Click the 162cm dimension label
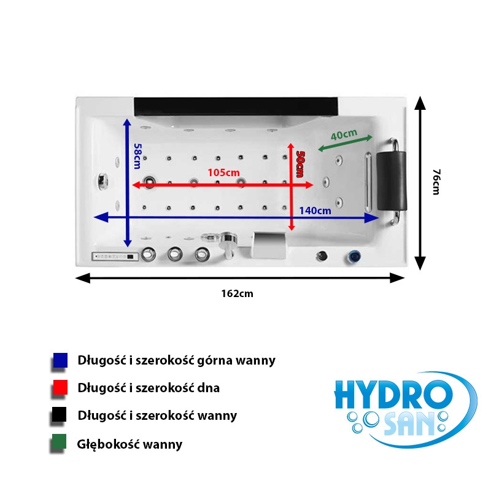click(237, 293)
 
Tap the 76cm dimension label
click(436, 182)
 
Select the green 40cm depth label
click(344, 134)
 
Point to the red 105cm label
click(223, 172)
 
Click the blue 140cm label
click(315, 211)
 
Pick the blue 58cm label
click(137, 156)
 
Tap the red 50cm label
click(300, 164)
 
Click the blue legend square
click(60, 360)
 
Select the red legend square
click(60, 387)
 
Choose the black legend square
click(60, 414)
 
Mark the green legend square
click(59, 441)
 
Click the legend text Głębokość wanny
click(130, 444)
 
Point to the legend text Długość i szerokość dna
click(149, 388)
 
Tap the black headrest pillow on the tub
click(392, 180)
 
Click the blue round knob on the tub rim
click(354, 256)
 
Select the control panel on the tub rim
click(115, 257)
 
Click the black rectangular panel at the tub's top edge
click(236, 106)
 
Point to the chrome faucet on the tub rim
click(227, 244)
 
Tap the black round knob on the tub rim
click(322, 256)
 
